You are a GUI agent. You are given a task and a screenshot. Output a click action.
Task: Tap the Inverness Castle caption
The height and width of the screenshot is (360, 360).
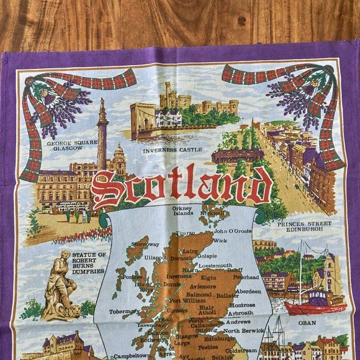[169, 151]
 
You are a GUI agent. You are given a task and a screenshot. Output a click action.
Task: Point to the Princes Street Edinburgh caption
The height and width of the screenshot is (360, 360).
[300, 227]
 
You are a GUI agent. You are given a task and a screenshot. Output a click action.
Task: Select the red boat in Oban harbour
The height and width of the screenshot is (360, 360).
[313, 305]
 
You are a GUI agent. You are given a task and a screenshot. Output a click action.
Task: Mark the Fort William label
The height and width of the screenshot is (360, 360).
[187, 300]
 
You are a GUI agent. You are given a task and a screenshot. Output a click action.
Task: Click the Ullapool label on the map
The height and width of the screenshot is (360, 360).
[156, 257]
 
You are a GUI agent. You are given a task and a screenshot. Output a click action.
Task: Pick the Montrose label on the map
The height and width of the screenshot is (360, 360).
[241, 305]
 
